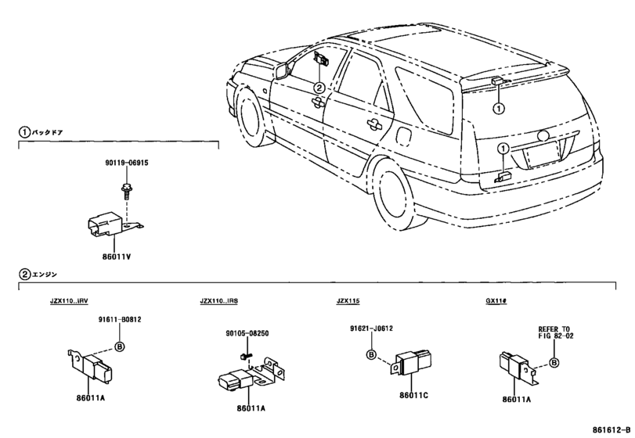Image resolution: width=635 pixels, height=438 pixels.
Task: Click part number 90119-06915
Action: [126, 163]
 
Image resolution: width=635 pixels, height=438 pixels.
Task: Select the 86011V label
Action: [116, 257]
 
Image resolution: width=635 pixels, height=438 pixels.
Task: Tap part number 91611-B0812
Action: [120, 319]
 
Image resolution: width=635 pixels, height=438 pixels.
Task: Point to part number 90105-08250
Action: [247, 334]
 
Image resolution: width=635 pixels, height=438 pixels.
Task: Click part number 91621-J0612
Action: [371, 328]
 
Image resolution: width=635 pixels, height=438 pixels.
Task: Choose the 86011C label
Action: [413, 395]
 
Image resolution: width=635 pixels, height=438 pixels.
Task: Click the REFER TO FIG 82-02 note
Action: [555, 332]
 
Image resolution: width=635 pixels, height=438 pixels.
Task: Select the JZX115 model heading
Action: [348, 301]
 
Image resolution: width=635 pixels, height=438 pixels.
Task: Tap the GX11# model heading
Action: [496, 301]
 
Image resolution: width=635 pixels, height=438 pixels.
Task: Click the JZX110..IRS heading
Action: [218, 301]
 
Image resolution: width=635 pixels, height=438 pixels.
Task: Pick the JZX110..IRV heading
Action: [69, 301]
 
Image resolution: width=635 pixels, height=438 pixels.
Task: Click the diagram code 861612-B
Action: [612, 429]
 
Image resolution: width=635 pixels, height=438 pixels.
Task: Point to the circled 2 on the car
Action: [319, 88]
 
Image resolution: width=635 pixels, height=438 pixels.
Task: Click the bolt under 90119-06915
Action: [126, 192]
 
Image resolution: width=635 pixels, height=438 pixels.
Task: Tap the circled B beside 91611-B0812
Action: [120, 346]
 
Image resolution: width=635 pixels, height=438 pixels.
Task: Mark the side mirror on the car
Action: [282, 70]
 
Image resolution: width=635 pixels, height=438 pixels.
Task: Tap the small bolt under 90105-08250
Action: [244, 357]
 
